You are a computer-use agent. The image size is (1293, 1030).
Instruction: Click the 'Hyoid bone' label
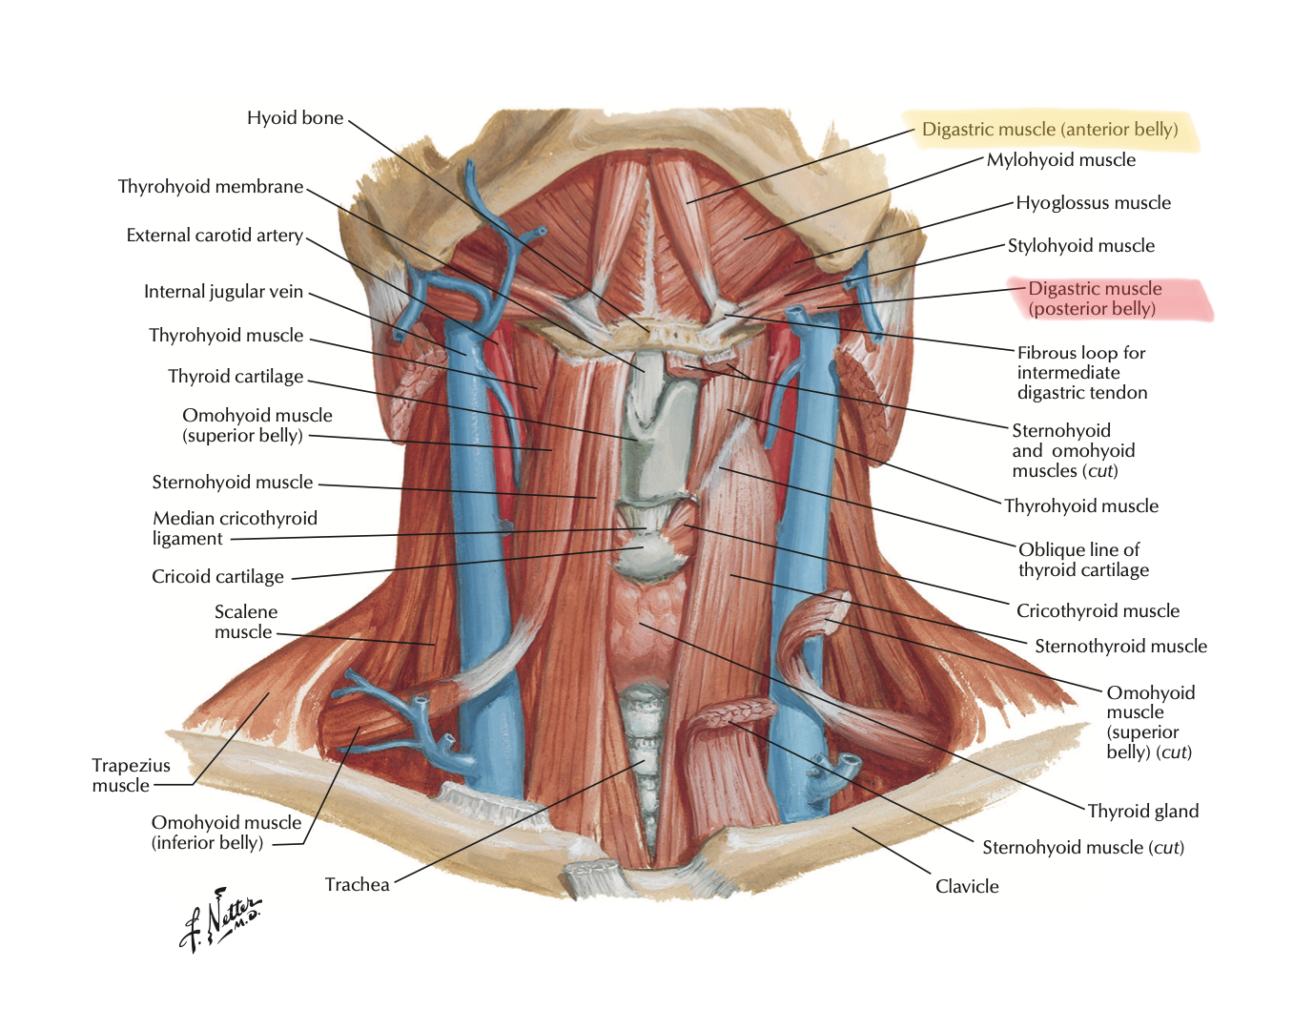pos(295,118)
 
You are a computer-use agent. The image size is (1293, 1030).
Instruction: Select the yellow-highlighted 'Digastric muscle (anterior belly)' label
pos(1050,130)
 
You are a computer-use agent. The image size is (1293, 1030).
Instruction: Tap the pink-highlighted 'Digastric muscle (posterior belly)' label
pos(1095,299)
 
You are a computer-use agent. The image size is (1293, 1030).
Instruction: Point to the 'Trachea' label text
pos(357,885)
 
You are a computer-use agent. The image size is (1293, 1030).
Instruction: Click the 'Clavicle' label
pos(967,887)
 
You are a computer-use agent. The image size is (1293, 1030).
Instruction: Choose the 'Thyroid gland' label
pos(1142,812)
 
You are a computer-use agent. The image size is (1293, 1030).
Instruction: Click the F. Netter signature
pos(220,921)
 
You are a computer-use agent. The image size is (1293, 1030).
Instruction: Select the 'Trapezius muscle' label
pos(131,775)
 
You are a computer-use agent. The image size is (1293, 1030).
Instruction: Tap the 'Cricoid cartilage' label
pos(217,577)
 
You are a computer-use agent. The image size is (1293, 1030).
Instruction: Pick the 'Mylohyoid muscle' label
pos(1060,160)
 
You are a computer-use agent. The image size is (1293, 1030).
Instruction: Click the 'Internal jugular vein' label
pos(223,292)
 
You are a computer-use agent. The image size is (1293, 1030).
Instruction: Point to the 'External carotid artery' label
pos(215,236)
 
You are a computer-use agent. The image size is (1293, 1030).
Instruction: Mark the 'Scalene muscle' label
pos(245,622)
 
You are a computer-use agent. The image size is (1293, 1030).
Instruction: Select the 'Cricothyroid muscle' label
pos(1098,611)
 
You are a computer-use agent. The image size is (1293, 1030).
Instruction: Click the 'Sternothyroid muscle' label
pos(1120,647)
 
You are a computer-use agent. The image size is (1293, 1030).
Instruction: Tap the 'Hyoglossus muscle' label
pos(1093,203)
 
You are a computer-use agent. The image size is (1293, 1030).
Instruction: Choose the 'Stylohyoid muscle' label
pos(1080,246)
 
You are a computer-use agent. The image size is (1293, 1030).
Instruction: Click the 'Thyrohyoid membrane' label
pos(211,187)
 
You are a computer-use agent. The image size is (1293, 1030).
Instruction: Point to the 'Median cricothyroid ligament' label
pos(235,528)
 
